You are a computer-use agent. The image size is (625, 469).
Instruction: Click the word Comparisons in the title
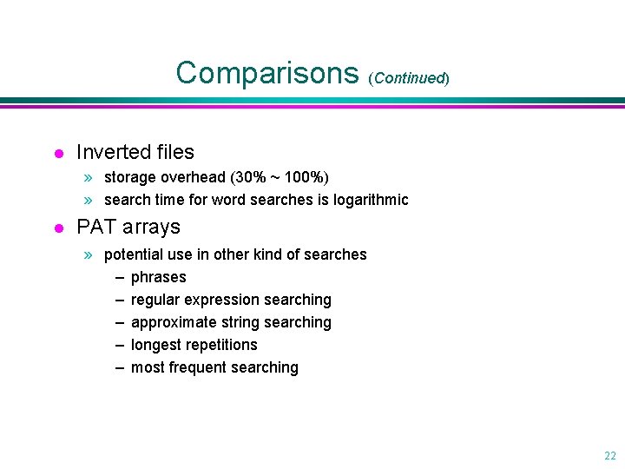click(x=267, y=73)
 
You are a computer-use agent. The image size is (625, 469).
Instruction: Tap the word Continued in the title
click(x=409, y=78)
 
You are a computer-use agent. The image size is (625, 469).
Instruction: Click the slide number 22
click(x=609, y=455)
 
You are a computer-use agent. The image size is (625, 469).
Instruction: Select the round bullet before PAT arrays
click(x=58, y=229)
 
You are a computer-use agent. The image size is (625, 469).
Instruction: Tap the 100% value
click(x=306, y=177)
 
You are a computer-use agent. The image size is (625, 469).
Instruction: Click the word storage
click(x=130, y=177)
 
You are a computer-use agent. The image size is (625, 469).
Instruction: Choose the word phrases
click(x=159, y=277)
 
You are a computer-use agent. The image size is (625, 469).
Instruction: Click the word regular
click(x=154, y=300)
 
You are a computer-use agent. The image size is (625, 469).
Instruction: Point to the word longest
click(x=155, y=345)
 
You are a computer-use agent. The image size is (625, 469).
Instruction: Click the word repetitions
click(x=220, y=345)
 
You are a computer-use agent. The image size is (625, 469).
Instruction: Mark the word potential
click(x=133, y=254)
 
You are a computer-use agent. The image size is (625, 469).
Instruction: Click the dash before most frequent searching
click(x=118, y=367)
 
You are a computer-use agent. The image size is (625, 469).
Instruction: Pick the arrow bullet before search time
click(x=88, y=200)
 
